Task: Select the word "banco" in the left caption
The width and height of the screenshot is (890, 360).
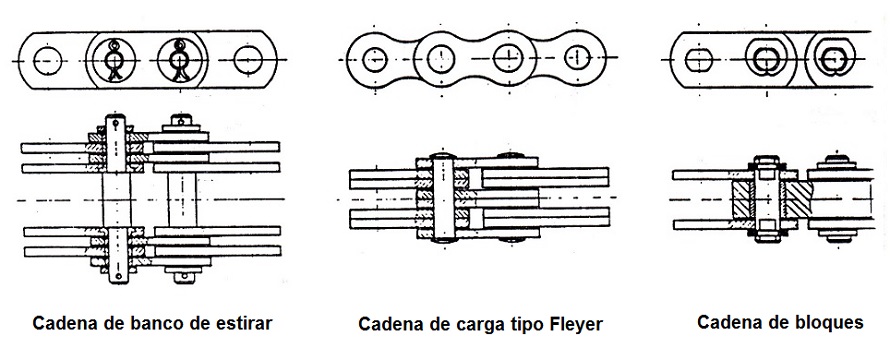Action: click(x=134, y=324)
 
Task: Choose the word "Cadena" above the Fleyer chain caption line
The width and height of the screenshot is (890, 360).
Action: click(x=391, y=325)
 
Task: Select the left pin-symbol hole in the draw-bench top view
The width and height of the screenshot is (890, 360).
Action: click(x=115, y=60)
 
